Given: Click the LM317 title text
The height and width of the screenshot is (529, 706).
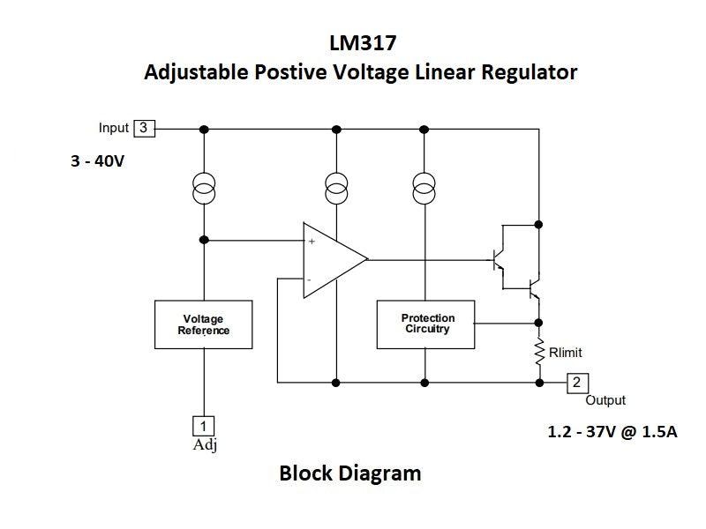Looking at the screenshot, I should pyautogui.click(x=360, y=43).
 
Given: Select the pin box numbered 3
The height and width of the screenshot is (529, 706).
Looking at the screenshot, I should pyautogui.click(x=144, y=128).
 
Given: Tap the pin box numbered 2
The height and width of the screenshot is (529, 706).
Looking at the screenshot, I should pyautogui.click(x=576, y=383).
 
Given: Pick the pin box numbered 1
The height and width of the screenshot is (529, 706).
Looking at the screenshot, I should pyautogui.click(x=203, y=425).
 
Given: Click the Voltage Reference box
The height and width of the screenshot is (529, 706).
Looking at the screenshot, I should pyautogui.click(x=203, y=324).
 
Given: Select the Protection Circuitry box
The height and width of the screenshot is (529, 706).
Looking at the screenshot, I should pyautogui.click(x=427, y=324).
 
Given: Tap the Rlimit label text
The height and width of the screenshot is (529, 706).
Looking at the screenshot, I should pyautogui.click(x=565, y=353).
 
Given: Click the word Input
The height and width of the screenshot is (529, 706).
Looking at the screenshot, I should pyautogui.click(x=113, y=128).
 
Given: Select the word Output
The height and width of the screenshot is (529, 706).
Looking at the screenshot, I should pyautogui.click(x=605, y=400).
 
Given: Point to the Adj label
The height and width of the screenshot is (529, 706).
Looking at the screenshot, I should pyautogui.click(x=205, y=445).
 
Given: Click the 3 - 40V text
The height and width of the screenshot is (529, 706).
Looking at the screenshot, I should pyautogui.click(x=98, y=162).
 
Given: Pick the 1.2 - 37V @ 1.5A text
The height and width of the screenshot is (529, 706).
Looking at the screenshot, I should pyautogui.click(x=612, y=433).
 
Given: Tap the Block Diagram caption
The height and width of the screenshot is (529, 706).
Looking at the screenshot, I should pyautogui.click(x=349, y=473).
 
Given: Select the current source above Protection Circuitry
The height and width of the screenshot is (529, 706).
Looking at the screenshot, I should pyautogui.click(x=424, y=187).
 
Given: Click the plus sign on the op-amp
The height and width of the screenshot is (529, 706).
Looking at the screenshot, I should pyautogui.click(x=312, y=241).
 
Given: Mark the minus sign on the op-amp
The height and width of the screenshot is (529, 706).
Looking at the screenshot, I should pyautogui.click(x=309, y=279).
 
